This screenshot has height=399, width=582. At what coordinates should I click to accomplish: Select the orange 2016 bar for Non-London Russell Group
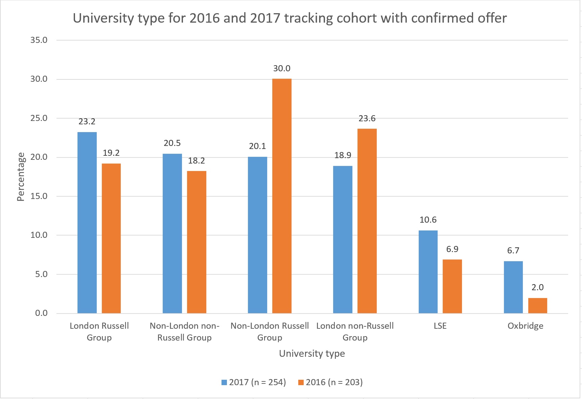tap(282, 196)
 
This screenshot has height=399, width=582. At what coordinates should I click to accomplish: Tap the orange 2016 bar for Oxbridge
tap(537, 305)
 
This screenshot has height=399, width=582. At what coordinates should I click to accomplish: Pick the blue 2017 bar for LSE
tap(428, 272)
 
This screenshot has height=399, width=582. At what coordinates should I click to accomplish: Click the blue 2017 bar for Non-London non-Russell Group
tap(172, 233)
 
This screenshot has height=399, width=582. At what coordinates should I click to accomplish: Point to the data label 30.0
tap(282, 69)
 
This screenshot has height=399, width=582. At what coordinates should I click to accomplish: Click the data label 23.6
tap(367, 119)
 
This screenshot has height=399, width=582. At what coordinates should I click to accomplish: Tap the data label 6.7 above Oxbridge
tap(513, 251)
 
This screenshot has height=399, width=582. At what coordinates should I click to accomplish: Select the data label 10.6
tap(428, 220)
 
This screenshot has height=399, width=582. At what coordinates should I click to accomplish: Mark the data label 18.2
tap(196, 161)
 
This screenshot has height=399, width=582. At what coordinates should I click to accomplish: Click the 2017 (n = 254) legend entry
tap(254, 382)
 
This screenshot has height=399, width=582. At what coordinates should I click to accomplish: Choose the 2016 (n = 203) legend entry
tap(330, 382)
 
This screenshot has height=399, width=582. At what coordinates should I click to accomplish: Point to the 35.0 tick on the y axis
tap(39, 40)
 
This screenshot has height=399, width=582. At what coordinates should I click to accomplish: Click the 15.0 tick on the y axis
tap(39, 196)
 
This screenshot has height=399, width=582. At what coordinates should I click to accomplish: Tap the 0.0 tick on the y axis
tap(41, 313)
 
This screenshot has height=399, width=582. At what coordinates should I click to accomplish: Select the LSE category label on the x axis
tap(440, 326)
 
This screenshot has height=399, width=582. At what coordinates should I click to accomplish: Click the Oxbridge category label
tap(525, 326)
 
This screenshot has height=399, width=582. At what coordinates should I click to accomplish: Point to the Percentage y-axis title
tap(21, 177)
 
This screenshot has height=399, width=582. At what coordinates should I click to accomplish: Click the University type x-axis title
tap(312, 354)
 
